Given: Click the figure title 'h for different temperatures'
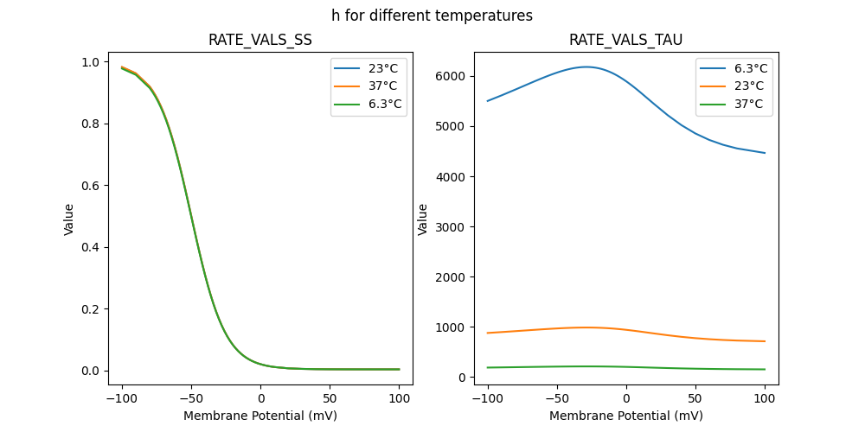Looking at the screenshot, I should tap(432, 16).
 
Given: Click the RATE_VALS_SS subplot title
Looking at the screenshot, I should tap(259, 40).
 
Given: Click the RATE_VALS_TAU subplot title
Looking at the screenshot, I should tap(625, 40).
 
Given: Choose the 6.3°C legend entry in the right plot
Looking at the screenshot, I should tap(745, 68).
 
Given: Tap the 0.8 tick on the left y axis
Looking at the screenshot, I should tap(90, 124).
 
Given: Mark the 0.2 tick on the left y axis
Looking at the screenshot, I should tap(90, 309).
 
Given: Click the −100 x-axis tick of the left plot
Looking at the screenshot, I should tap(122, 398).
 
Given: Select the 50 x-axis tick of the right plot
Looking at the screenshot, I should tap(695, 398).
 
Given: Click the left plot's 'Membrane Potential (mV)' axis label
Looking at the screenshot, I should tap(259, 416).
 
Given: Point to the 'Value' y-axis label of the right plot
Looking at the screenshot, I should tap(424, 219).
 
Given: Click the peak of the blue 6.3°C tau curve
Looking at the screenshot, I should tap(586, 67).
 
